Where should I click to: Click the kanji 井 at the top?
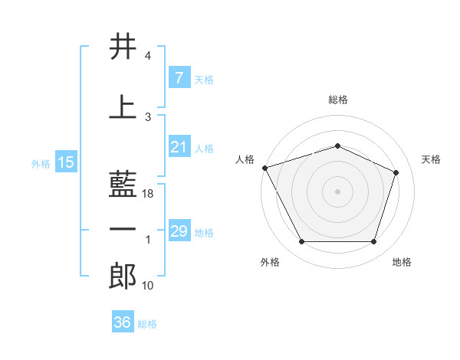pos(123,47)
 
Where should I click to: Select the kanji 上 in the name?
pos(123,106)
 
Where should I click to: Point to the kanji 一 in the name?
pos(123,229)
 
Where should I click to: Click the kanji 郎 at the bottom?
pos(123,276)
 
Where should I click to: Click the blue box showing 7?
pos(179,78)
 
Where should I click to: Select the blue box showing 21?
pos(179,147)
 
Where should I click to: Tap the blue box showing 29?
pos(179,231)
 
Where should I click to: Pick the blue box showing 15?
pos(65,162)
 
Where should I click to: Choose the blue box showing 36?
pos(123,322)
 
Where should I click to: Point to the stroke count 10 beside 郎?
pos(148,286)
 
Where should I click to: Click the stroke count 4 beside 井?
pos(148,56)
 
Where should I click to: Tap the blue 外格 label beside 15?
pos(41,163)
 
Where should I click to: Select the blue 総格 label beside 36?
pos(147,324)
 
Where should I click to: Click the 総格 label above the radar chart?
pos(337,100)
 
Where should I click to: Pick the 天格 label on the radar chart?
pos(431,159)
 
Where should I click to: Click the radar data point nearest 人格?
pos(264,168)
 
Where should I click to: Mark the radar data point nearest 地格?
pos(373,242)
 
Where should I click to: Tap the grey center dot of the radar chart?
pos(337,191)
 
